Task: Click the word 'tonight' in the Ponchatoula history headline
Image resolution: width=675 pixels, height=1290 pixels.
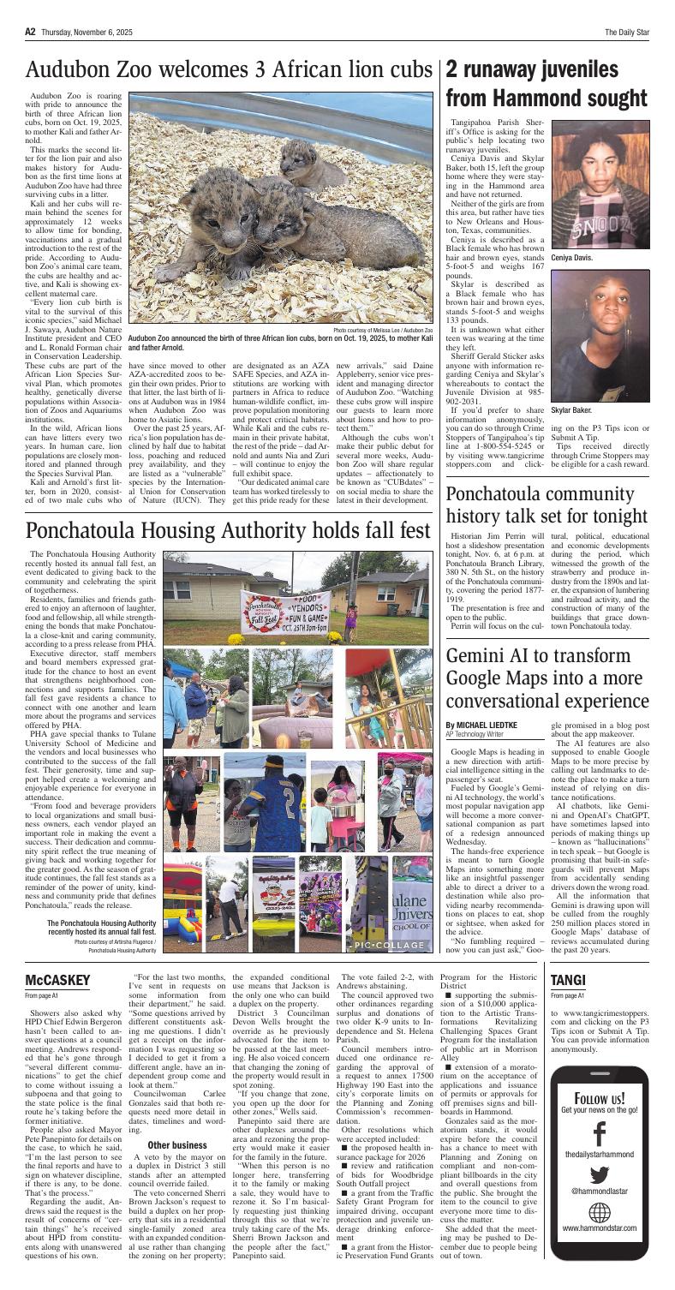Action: (x=621, y=481)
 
